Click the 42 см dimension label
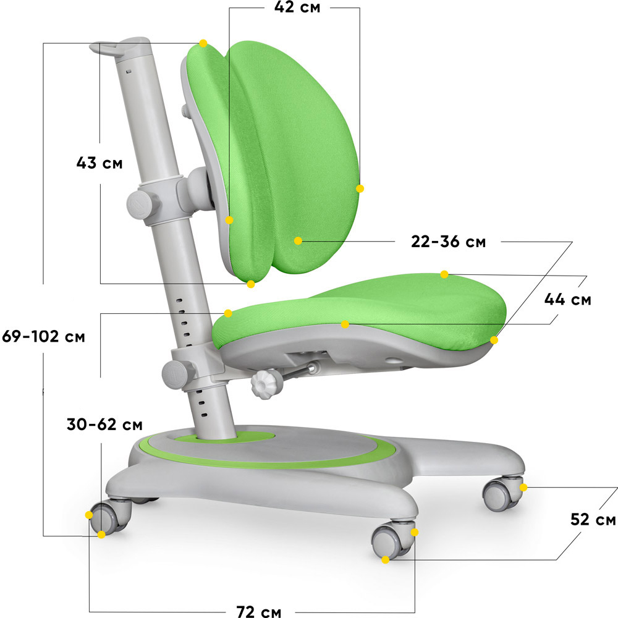pos(297,7)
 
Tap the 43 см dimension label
pos(99,163)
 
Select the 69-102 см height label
pos(43,337)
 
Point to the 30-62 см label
pos(104,425)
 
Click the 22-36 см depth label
pos(448,242)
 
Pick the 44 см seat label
pos(567,300)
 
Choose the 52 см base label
pos(593,520)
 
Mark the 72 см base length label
pos(258,611)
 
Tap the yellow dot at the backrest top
pos(203,43)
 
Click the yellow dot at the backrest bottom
pos(251,284)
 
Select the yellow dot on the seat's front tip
pos(494,340)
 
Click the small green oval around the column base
pos(225,436)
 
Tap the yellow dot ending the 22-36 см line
pos(298,241)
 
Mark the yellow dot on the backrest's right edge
pos(360,188)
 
